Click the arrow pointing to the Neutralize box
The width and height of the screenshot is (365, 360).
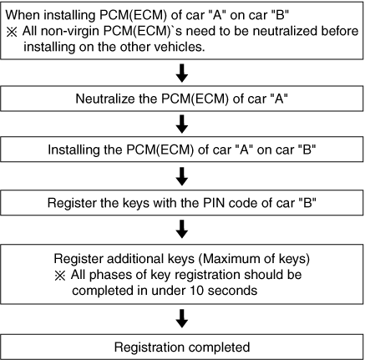coord(182,73)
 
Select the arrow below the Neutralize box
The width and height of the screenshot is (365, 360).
coord(182,124)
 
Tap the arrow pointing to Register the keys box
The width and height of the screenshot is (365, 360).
coord(182,176)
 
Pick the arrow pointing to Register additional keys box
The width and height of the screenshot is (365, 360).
coord(182,229)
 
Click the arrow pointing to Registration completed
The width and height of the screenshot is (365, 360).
coord(182,318)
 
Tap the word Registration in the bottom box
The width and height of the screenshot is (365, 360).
coord(147,347)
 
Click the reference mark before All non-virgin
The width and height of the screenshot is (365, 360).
coord(12,32)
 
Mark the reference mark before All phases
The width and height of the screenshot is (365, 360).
coord(60,276)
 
